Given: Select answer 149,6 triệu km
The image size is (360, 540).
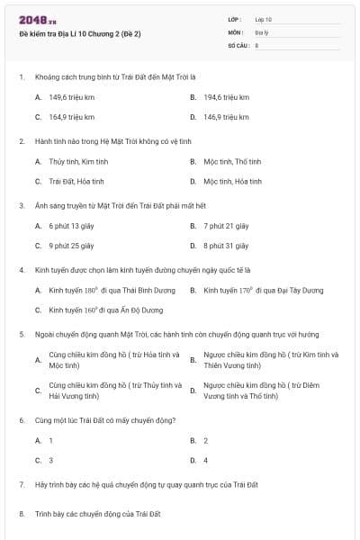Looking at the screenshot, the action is pyautogui.click(x=71, y=96).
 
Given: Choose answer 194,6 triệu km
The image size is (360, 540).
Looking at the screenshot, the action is pyautogui.click(x=226, y=96).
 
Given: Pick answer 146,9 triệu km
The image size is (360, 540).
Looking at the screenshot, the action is pyautogui.click(x=226, y=117).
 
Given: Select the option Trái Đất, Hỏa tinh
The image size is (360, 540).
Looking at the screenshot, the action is pyautogui.click(x=76, y=181).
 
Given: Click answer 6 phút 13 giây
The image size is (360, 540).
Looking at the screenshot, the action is pyautogui.click(x=71, y=226).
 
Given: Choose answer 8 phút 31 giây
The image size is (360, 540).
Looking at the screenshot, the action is pyautogui.click(x=225, y=245).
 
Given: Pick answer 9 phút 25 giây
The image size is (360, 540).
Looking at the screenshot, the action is pyautogui.click(x=71, y=245).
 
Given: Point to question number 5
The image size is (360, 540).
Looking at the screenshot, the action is pyautogui.click(x=21, y=333).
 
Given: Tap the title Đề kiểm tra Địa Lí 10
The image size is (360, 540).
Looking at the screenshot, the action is pyautogui.click(x=80, y=33).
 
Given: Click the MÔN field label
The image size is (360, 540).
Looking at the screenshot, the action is pyautogui.click(x=235, y=31).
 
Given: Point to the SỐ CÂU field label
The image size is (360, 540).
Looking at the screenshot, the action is pyautogui.click(x=238, y=44).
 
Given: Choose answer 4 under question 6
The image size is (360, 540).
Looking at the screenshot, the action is pyautogui.click(x=205, y=460).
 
